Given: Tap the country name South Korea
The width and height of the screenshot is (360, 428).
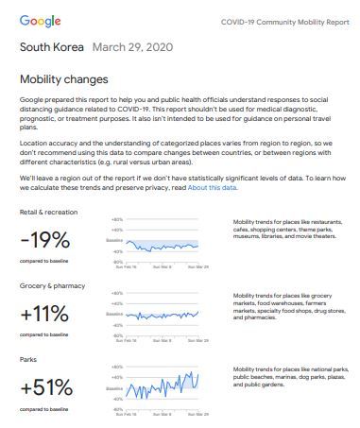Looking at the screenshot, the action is tap(50, 46).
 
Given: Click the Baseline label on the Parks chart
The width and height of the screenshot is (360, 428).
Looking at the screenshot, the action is tap(115, 386).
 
